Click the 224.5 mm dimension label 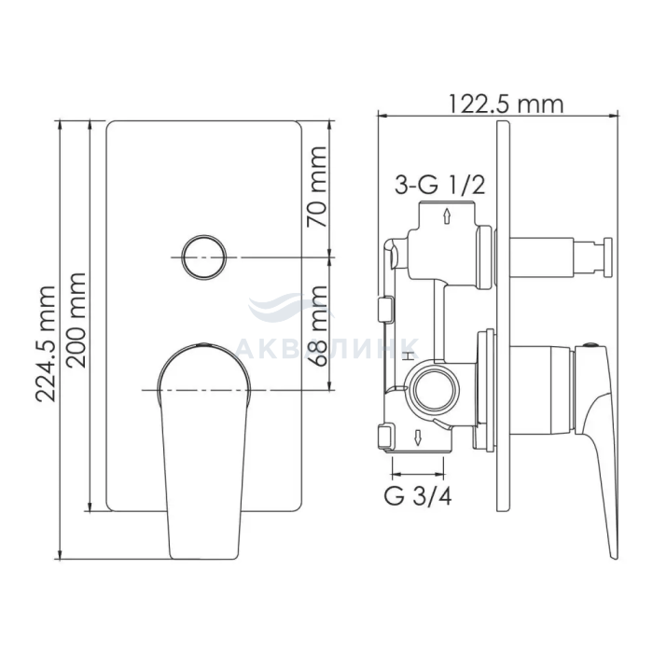[x=46, y=343]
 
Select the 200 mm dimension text [x=76, y=320]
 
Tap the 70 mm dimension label [x=317, y=187]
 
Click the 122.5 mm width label [x=506, y=104]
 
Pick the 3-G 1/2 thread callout [x=440, y=185]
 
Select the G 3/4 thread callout [x=418, y=496]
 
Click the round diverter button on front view [x=204, y=257]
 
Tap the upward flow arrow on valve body [x=447, y=216]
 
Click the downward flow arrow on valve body [x=418, y=438]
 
